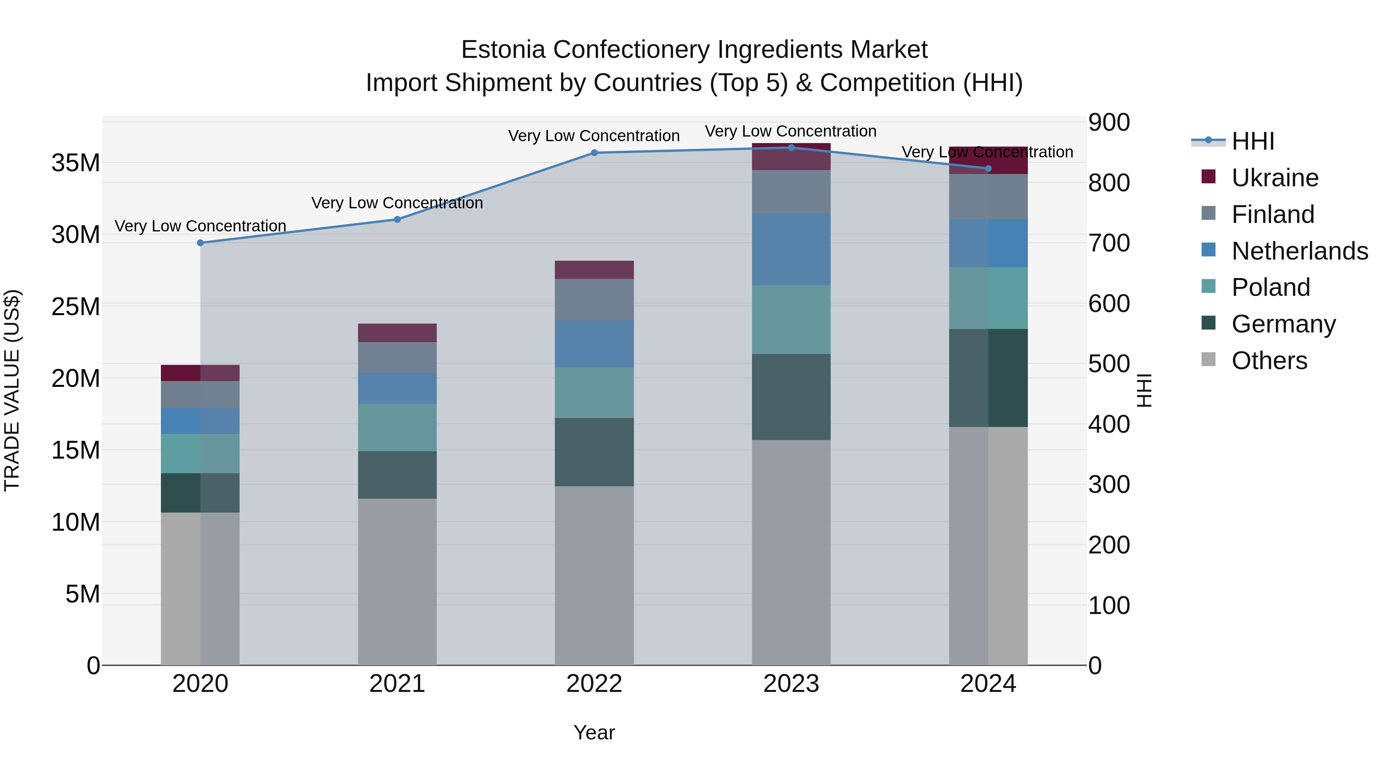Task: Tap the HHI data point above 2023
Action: coord(791,147)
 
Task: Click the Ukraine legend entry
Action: coord(1275,178)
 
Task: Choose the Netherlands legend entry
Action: coord(1299,251)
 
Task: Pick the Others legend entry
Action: coord(1269,361)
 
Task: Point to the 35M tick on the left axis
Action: coord(76,163)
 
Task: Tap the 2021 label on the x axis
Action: coord(397,684)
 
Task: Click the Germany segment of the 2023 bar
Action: coord(791,397)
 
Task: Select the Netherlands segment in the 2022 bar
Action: coord(594,344)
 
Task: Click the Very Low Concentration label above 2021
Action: coord(397,203)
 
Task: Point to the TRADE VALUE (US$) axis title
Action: coord(12,390)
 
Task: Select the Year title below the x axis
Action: coord(594,732)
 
